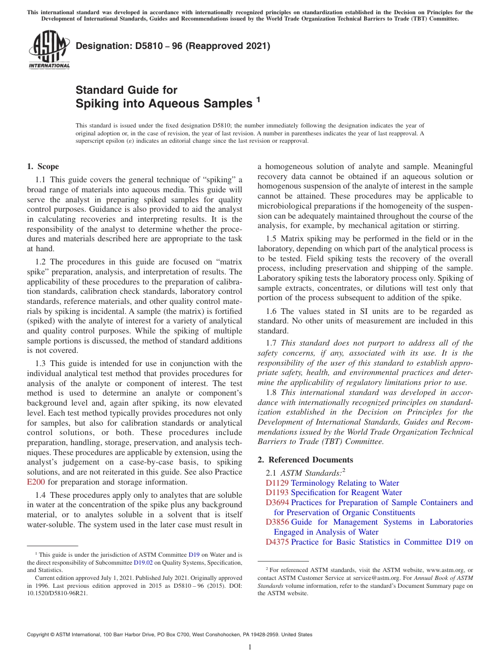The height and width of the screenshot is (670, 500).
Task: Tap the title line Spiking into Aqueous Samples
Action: point(164,104)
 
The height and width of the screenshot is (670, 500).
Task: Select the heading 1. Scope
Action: point(43,166)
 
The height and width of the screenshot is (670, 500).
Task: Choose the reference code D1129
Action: point(277,483)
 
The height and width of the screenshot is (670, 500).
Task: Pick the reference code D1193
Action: point(277,492)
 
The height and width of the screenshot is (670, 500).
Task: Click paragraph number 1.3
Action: point(41,363)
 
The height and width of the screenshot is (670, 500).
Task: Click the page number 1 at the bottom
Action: point(249,647)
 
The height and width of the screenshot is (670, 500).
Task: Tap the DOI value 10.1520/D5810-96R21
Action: point(57,593)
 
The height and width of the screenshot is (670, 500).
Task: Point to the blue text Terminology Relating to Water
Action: point(345,483)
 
